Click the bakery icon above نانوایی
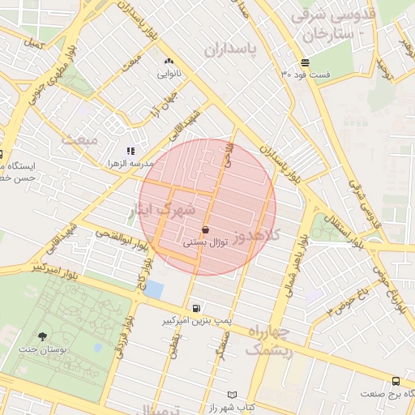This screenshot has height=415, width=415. pos(169,62)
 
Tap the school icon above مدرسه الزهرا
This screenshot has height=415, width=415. pos(130,151)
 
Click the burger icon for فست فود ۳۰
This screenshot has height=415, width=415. pos(305,62)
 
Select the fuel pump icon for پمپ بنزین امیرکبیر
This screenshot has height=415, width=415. pos(196,308)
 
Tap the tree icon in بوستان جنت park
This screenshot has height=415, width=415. pos(41,336)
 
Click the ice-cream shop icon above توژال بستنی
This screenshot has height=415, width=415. pos(204,229)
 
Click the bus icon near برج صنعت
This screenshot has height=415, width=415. pos(396,380)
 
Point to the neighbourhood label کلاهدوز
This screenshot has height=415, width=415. pos(255,236)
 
